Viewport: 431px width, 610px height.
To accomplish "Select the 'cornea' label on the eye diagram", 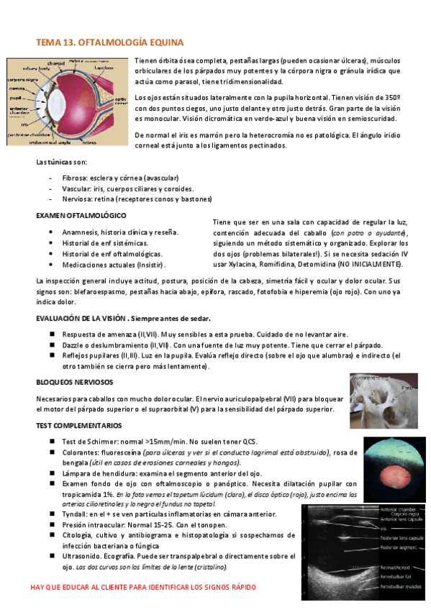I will (17, 87).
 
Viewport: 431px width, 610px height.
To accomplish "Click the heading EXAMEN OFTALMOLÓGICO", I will (81, 215).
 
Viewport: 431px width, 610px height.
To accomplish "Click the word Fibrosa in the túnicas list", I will (76, 177).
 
